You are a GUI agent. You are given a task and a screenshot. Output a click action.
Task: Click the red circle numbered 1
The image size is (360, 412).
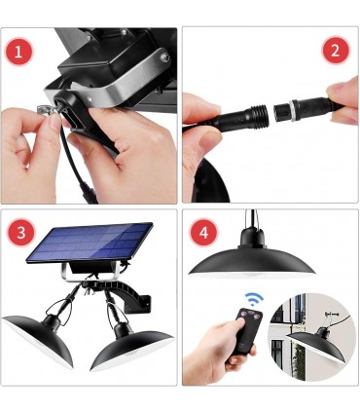pyautogui.click(x=18, y=52)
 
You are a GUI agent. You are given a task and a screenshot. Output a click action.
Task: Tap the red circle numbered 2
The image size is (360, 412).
pyautogui.click(x=336, y=51)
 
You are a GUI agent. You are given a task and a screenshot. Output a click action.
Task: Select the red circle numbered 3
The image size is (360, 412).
pyautogui.click(x=21, y=233)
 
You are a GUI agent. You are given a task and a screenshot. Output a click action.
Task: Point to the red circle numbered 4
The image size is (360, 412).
pyautogui.click(x=203, y=233)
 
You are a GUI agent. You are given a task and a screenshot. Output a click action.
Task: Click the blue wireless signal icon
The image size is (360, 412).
pyautogui.click(x=254, y=298)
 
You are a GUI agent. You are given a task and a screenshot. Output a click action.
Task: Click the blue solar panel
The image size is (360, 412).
pyautogui.click(x=90, y=242)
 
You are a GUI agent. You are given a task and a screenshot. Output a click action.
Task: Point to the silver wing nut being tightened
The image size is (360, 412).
pyautogui.click(x=46, y=110)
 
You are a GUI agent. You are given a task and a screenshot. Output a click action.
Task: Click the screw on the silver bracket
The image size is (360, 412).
pyautogui.click(x=165, y=57)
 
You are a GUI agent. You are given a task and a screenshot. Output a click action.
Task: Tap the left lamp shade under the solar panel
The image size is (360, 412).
pyautogui.click(x=39, y=339)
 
